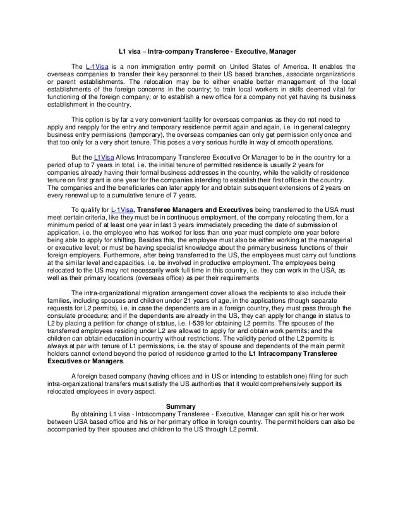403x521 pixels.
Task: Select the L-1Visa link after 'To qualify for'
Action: click(x=122, y=226)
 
